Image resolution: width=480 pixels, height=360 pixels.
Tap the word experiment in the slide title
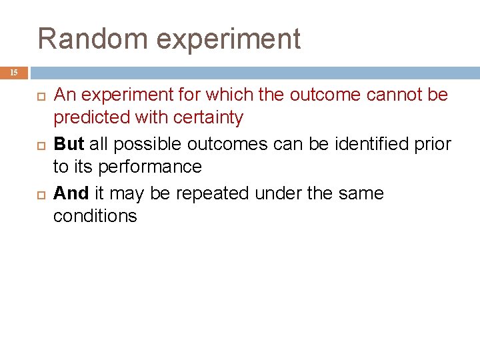[229, 40]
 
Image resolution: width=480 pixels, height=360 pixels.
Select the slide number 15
[14, 73]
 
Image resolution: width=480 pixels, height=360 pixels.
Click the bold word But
[68, 144]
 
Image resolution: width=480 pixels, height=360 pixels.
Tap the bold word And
[71, 193]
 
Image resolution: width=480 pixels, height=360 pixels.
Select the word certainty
[208, 118]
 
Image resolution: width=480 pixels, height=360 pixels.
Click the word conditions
[95, 217]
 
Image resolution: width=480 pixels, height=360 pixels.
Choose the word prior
[436, 145]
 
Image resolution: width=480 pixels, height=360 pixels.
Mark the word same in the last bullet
[361, 193]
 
